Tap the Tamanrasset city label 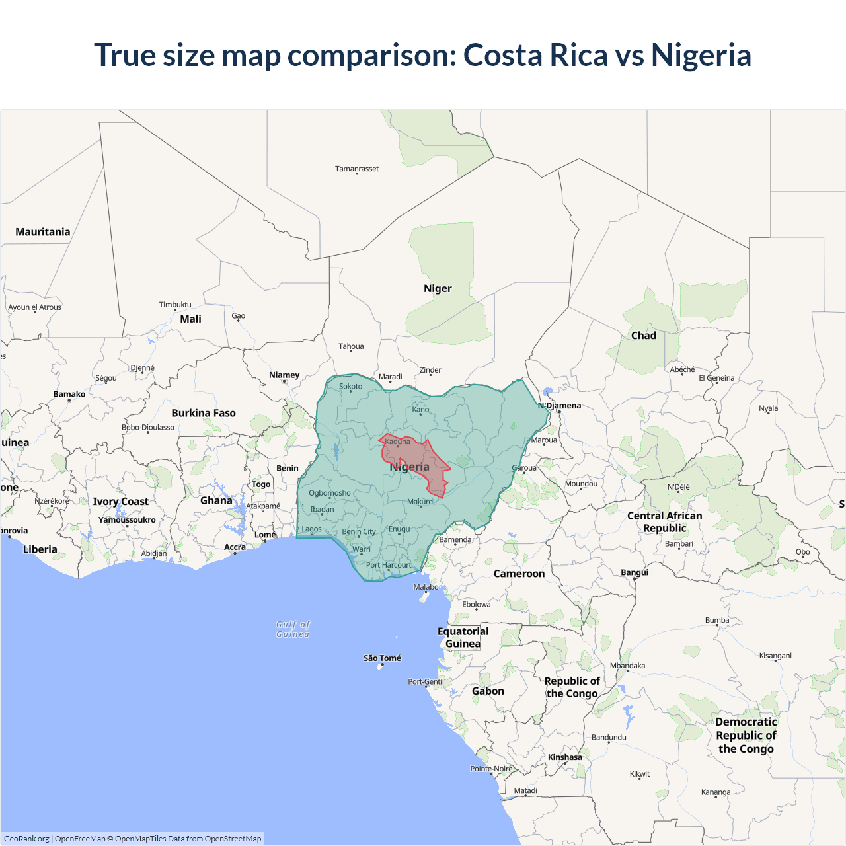(x=357, y=169)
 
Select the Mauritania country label (x=43, y=232)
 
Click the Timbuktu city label (x=175, y=305)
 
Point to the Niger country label (x=438, y=289)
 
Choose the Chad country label (x=644, y=336)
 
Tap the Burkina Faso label (x=204, y=413)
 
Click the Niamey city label (x=284, y=375)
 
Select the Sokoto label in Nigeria (x=350, y=387)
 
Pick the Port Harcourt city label (x=389, y=565)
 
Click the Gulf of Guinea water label (x=293, y=629)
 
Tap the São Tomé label (x=382, y=658)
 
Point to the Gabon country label (x=488, y=691)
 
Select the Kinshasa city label (x=565, y=757)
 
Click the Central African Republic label (x=665, y=522)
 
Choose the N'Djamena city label (x=560, y=406)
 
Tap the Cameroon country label (x=519, y=574)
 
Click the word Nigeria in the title (x=701, y=55)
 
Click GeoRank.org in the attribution (x=26, y=839)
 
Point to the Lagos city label (x=311, y=529)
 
